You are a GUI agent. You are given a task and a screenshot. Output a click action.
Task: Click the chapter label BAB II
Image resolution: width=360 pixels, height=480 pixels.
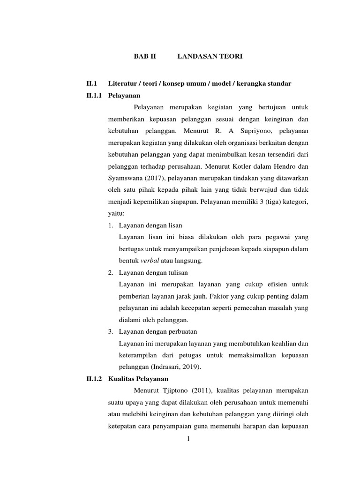144,57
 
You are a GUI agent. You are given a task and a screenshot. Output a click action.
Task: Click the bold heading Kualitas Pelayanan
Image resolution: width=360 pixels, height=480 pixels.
138,378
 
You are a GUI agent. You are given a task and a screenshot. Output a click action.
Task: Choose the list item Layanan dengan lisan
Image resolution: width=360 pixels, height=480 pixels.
150,225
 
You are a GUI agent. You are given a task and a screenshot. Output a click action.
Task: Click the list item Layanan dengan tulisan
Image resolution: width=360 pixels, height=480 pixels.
153,272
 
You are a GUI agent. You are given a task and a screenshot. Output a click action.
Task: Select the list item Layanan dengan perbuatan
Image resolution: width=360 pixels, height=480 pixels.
157,331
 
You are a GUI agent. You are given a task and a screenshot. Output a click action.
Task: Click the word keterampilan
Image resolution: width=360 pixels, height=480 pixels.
138,355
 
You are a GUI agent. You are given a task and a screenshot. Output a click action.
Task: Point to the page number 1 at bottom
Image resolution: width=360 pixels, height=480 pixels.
188,439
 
